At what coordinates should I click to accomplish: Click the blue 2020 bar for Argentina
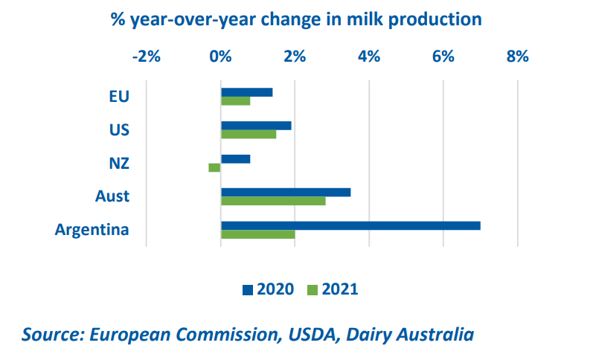350,225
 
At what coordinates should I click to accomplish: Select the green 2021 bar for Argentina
258,234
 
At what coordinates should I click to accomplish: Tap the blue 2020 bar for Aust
286,192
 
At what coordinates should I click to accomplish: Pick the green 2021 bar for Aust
273,201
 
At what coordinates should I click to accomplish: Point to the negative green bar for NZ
214,167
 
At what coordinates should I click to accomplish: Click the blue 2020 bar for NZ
235,158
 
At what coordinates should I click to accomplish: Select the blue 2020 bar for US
256,126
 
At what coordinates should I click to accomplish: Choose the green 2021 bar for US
249,135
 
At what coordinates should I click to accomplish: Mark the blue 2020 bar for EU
246,92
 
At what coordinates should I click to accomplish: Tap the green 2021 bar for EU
235,101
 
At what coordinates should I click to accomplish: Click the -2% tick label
145,57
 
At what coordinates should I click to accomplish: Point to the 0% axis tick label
220,57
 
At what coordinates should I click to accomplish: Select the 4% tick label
369,57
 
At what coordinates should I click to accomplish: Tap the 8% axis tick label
517,57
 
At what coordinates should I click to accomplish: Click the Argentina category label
92,229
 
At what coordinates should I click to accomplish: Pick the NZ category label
118,163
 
